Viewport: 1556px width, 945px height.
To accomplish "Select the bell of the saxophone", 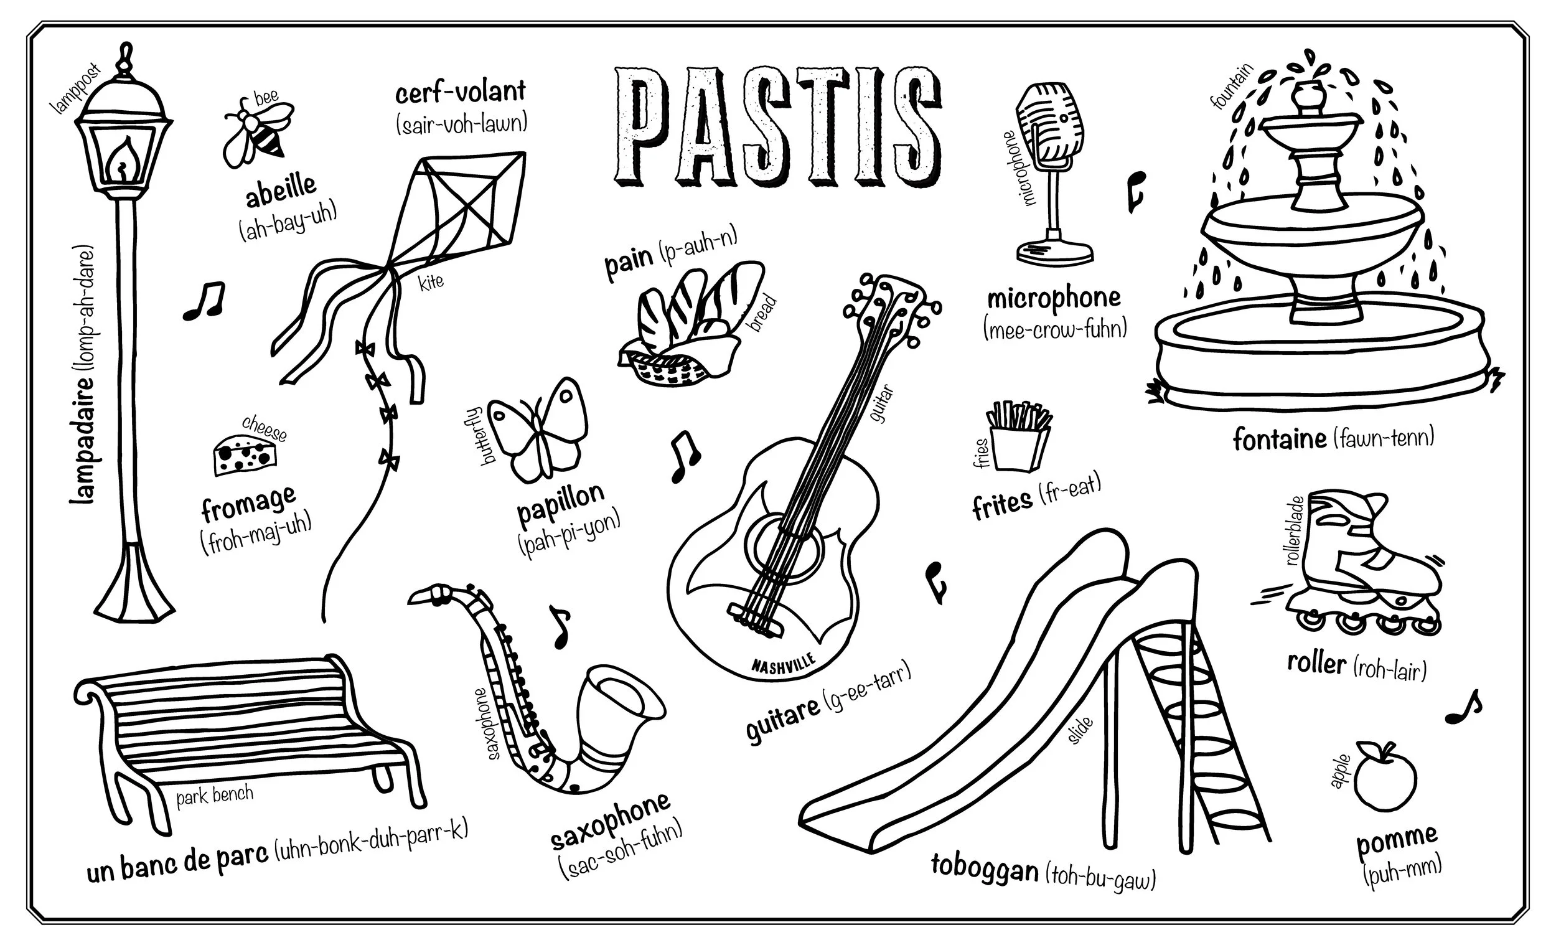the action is click(x=622, y=701).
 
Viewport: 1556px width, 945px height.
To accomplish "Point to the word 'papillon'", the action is click(x=560, y=502).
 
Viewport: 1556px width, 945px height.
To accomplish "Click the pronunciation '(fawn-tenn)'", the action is click(x=1383, y=436).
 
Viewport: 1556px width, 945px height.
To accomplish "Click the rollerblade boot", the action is click(x=1357, y=550).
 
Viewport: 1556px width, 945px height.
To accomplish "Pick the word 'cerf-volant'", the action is click(x=461, y=92).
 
